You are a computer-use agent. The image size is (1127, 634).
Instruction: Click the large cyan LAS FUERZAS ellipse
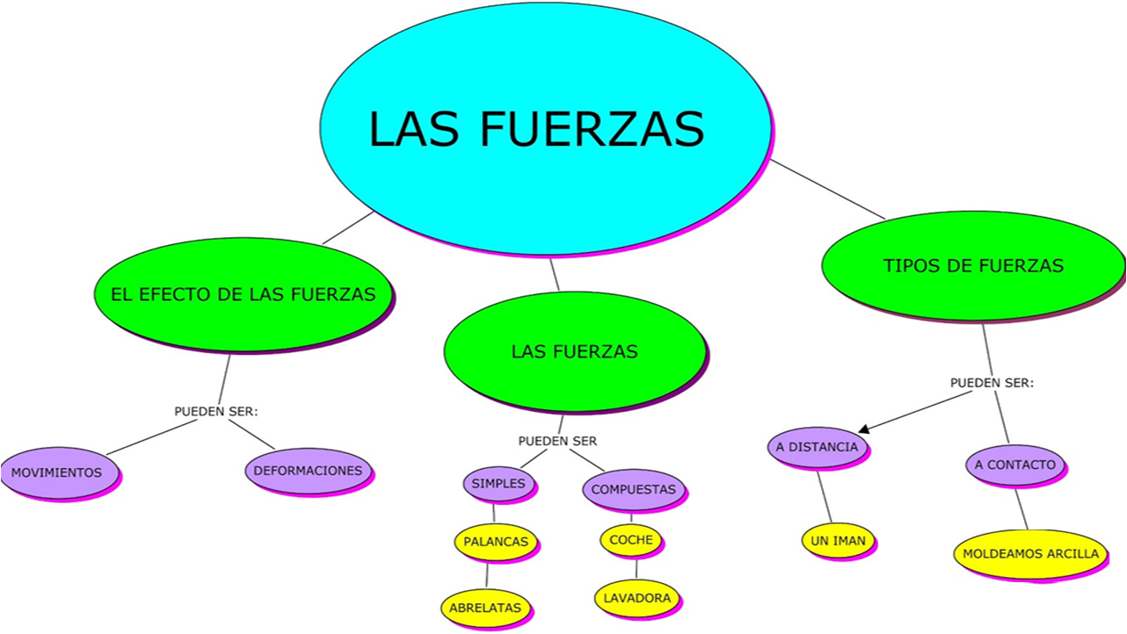[x=545, y=128]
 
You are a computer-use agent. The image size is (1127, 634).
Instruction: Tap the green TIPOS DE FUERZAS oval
[x=973, y=265]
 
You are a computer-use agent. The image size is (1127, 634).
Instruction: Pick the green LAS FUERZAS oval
[x=575, y=351]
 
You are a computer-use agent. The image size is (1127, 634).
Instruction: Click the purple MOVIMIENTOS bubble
[x=60, y=472]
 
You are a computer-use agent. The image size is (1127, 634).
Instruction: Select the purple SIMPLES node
[x=498, y=484]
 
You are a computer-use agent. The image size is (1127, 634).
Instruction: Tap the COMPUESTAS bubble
[x=634, y=489]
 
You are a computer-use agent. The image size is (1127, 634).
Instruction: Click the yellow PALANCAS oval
[x=496, y=542]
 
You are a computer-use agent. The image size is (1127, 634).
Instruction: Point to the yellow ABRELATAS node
[x=485, y=608]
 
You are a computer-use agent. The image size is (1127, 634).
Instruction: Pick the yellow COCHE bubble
[x=631, y=540]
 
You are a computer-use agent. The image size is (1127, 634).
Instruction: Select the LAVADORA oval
[x=637, y=598]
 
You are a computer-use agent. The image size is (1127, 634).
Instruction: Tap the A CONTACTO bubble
[x=1015, y=465]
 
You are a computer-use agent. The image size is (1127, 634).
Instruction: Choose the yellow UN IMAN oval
[x=838, y=541]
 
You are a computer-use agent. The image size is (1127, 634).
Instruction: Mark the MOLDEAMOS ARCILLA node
[x=1030, y=554]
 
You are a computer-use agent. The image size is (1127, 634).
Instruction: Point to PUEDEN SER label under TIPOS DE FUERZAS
[x=992, y=383]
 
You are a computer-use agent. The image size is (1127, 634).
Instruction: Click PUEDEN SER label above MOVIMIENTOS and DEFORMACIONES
[x=216, y=412]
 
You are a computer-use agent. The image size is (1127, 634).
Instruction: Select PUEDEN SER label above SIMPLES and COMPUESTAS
[x=557, y=441]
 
